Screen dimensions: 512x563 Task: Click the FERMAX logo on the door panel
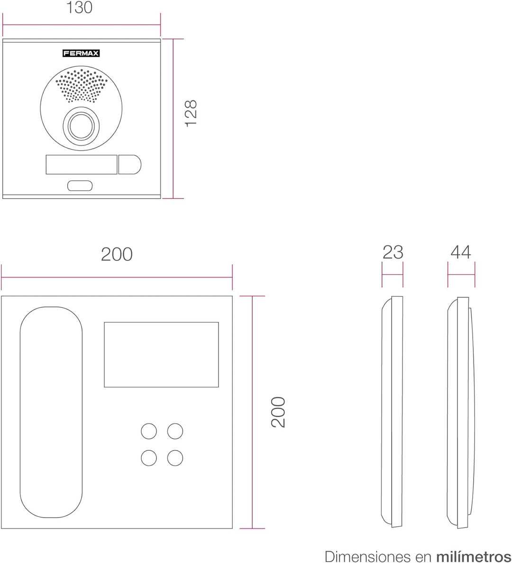pos(81,54)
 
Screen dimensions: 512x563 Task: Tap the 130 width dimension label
pos(80,8)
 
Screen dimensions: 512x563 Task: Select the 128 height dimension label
pos(191,113)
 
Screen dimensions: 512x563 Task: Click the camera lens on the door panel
pos(81,126)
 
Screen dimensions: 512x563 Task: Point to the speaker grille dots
pos(81,85)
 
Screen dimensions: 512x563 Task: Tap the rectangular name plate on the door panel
pos(82,164)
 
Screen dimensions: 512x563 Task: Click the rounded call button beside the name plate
pos(130,164)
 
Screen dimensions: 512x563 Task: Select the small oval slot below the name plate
pos(80,186)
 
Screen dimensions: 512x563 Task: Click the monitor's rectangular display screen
pos(162,354)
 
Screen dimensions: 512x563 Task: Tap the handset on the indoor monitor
pos(51,412)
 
